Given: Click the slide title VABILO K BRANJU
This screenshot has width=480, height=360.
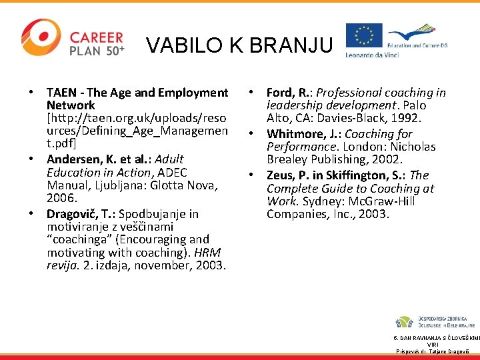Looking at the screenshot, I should tap(239, 45).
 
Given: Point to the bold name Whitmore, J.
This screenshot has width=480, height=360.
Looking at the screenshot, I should tap(303, 134).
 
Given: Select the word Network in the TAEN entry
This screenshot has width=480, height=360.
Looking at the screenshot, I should tap(71, 105).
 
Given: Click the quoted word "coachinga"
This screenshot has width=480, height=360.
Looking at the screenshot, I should tap(77, 239).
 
